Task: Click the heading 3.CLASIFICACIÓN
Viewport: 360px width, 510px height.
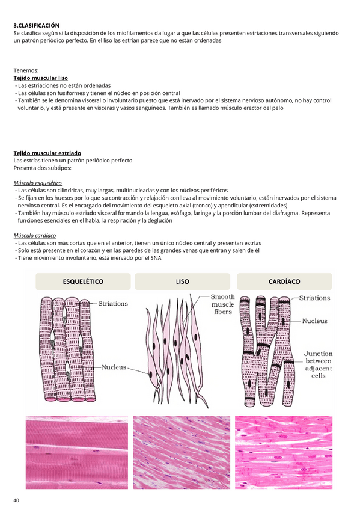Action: (37, 26)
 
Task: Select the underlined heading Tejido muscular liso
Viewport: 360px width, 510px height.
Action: (41, 78)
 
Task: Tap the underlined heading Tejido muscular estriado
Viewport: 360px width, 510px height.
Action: (47, 153)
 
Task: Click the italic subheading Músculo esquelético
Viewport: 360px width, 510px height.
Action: (38, 183)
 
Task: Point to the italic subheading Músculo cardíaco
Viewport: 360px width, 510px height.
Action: (35, 236)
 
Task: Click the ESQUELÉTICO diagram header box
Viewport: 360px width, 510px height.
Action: (83, 281)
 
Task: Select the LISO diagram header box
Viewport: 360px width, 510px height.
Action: (182, 281)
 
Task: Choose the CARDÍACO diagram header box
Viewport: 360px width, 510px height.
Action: (284, 281)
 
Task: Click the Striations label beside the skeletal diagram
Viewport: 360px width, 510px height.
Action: (113, 304)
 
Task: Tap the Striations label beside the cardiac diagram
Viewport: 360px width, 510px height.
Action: (314, 298)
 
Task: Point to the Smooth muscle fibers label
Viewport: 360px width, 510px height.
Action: (222, 304)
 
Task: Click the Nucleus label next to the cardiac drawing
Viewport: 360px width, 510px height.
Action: (314, 321)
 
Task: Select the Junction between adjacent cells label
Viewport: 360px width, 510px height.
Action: (318, 364)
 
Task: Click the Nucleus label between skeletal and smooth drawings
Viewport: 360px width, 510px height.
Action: (114, 367)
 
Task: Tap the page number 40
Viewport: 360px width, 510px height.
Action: (16, 500)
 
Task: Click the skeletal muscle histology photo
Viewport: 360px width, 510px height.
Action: (77, 452)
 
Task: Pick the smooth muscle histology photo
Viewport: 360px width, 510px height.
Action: (182, 452)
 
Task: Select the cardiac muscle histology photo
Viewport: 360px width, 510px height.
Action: (284, 452)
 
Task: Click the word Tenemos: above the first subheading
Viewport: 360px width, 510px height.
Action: (26, 70)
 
